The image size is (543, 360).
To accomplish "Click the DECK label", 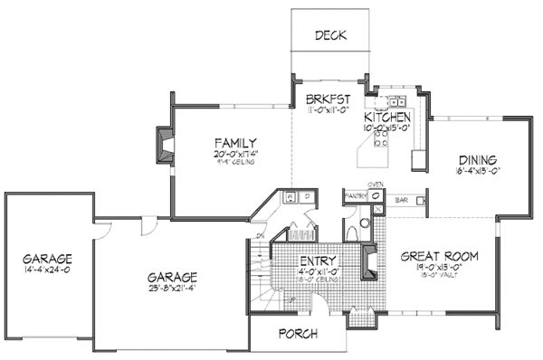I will click(x=330, y=36).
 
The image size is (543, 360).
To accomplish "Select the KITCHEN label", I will click(x=387, y=118).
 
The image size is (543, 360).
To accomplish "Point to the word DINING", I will click(x=475, y=156).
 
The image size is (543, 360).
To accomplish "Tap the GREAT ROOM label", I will click(x=439, y=256).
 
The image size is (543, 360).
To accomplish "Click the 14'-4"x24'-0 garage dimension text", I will click(x=48, y=269).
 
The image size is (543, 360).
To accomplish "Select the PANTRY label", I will click(x=356, y=194).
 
